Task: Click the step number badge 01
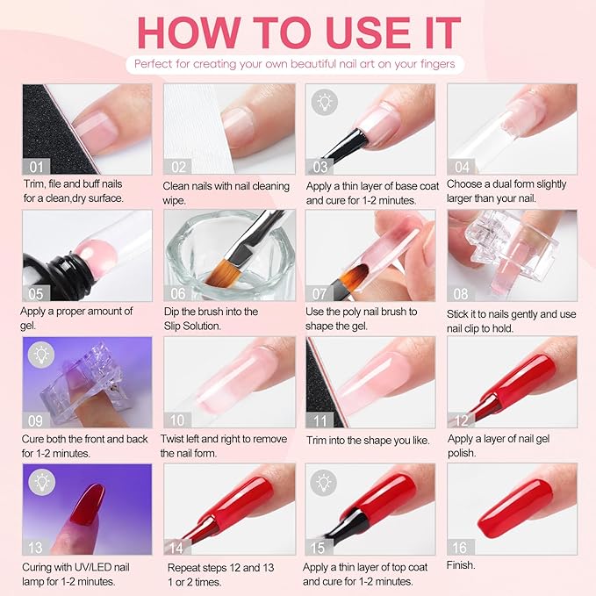coord(34,166)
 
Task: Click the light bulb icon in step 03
coord(322,100)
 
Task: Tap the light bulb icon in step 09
coord(39,354)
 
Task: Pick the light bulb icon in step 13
coord(39,480)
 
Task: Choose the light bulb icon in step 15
coord(322,480)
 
